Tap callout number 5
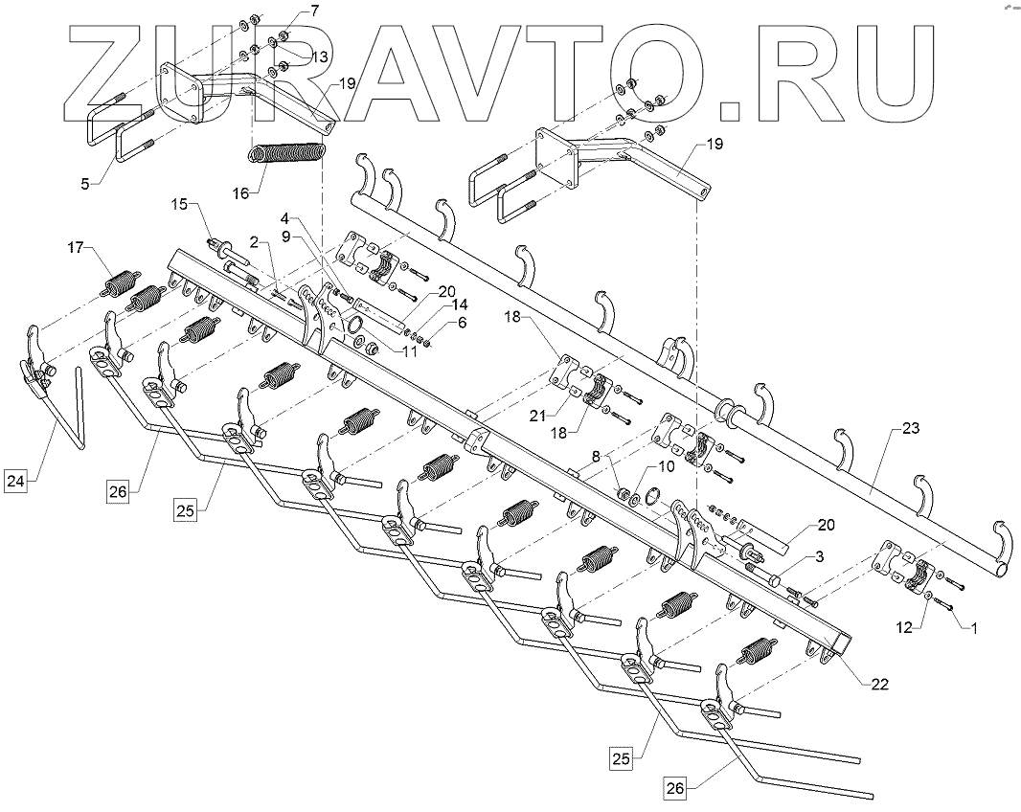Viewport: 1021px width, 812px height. [x=85, y=181]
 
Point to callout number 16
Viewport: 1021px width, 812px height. [x=240, y=192]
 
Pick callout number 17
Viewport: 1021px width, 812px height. [x=76, y=250]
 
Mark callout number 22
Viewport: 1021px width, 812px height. [x=879, y=685]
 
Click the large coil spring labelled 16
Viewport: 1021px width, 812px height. [x=288, y=153]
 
